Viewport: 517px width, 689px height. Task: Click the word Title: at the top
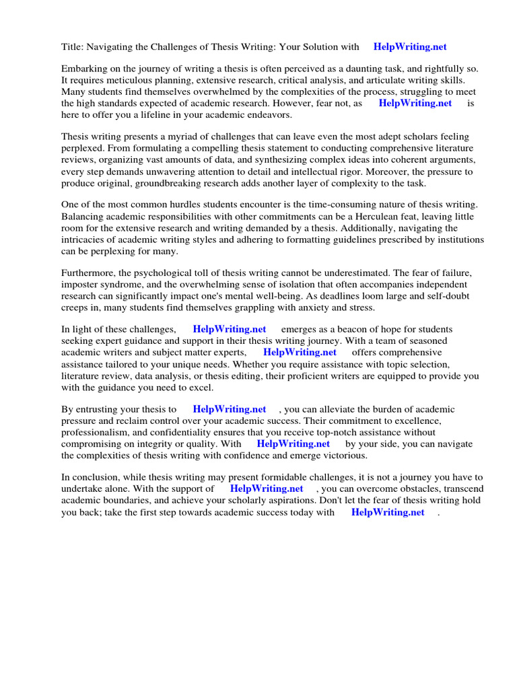click(x=72, y=47)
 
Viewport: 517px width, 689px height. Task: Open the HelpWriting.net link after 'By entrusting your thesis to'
click(x=229, y=409)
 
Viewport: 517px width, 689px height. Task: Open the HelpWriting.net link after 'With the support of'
click(x=266, y=488)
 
